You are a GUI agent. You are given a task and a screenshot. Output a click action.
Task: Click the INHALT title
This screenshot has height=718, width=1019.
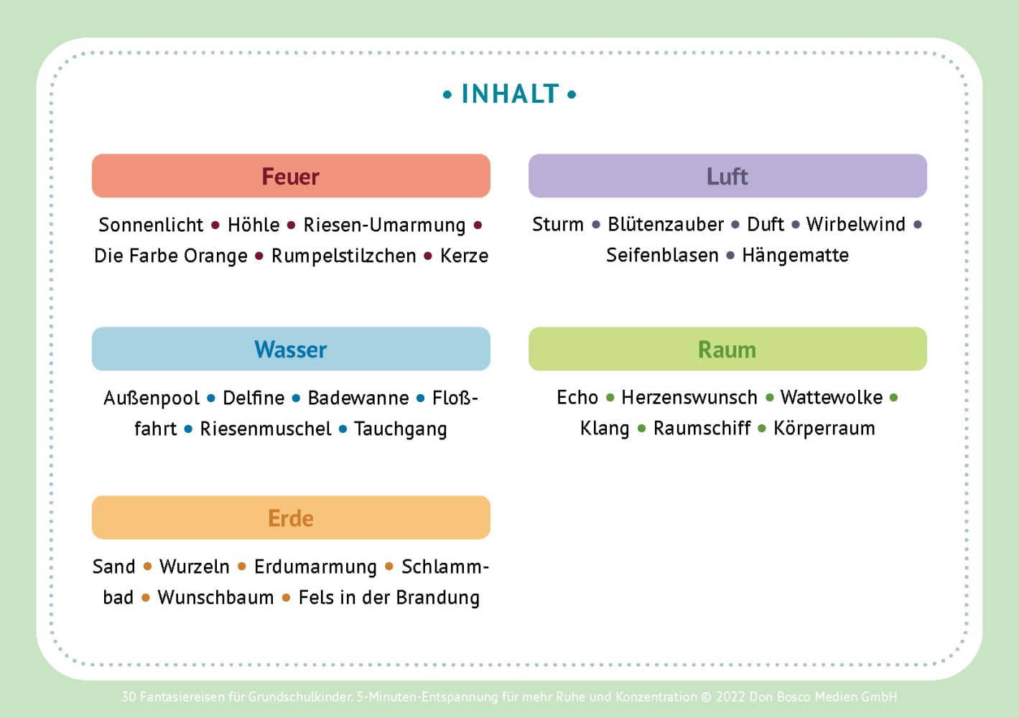pyautogui.click(x=510, y=93)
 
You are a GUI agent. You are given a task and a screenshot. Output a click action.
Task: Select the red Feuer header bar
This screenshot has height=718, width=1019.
pyautogui.click(x=291, y=175)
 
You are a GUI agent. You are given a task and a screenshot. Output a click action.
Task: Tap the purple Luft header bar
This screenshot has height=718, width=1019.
pyautogui.click(x=727, y=175)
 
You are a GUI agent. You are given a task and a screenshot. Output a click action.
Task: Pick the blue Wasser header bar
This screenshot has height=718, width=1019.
pyautogui.click(x=291, y=349)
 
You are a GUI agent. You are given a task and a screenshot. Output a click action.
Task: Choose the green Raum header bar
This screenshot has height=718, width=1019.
pyautogui.click(x=727, y=349)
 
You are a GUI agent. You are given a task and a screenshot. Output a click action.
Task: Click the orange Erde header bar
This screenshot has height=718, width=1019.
pyautogui.click(x=291, y=518)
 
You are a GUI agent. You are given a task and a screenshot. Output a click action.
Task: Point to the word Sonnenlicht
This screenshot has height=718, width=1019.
pyautogui.click(x=151, y=225)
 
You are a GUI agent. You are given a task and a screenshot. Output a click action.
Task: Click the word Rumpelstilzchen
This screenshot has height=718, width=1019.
pyautogui.click(x=343, y=256)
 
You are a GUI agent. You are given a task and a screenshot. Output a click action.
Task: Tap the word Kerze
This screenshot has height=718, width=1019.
pyautogui.click(x=464, y=256)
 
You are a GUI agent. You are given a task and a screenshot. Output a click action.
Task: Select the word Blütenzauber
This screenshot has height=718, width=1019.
pyautogui.click(x=666, y=224)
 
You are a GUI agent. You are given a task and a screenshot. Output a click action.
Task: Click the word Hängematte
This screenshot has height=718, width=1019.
pyautogui.click(x=795, y=255)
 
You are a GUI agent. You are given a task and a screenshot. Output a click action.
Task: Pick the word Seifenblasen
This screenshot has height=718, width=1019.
pyautogui.click(x=662, y=255)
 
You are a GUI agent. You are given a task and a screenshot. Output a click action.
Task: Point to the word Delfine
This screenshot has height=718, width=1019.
pyautogui.click(x=253, y=398)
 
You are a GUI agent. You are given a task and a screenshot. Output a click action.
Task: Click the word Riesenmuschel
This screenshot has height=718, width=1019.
pyautogui.click(x=266, y=429)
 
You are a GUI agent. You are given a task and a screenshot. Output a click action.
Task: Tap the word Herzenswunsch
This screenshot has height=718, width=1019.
pyautogui.click(x=689, y=398)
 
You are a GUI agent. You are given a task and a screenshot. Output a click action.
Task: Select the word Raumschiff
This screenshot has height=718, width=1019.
pyautogui.click(x=702, y=428)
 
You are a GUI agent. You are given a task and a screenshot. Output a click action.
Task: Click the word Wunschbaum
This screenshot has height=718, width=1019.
pyautogui.click(x=215, y=597)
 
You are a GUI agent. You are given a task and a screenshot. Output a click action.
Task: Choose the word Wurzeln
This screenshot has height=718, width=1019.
pyautogui.click(x=194, y=567)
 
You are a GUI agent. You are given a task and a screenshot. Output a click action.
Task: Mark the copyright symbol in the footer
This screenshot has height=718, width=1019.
pyautogui.click(x=706, y=697)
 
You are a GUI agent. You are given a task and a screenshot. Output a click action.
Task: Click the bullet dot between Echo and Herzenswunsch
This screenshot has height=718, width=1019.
pyautogui.click(x=610, y=398)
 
